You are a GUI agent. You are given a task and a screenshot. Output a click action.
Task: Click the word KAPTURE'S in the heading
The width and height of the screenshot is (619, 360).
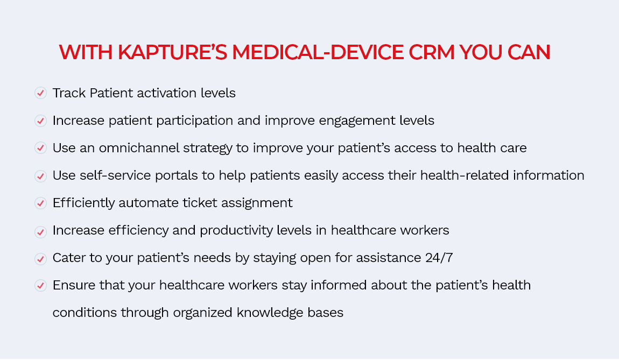tap(173, 52)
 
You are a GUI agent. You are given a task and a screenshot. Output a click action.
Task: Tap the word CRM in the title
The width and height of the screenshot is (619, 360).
tap(432, 52)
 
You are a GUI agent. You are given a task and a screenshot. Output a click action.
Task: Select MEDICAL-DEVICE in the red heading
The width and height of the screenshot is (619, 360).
tap(318, 52)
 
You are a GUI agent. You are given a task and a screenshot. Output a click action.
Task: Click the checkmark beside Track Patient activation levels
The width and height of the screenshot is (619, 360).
tap(40, 93)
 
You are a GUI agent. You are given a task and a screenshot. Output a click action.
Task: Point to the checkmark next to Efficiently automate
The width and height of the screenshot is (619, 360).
tap(40, 203)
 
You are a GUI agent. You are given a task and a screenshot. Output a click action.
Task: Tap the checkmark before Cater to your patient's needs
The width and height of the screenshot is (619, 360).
tap(40, 259)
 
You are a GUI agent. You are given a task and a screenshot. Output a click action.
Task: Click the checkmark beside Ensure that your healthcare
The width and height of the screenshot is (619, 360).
tap(40, 285)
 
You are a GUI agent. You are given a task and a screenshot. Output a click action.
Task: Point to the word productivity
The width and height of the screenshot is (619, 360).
tap(236, 230)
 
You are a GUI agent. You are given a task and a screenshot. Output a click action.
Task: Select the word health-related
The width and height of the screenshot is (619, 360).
tap(464, 175)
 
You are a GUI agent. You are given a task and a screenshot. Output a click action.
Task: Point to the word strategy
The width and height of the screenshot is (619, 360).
tap(207, 148)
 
